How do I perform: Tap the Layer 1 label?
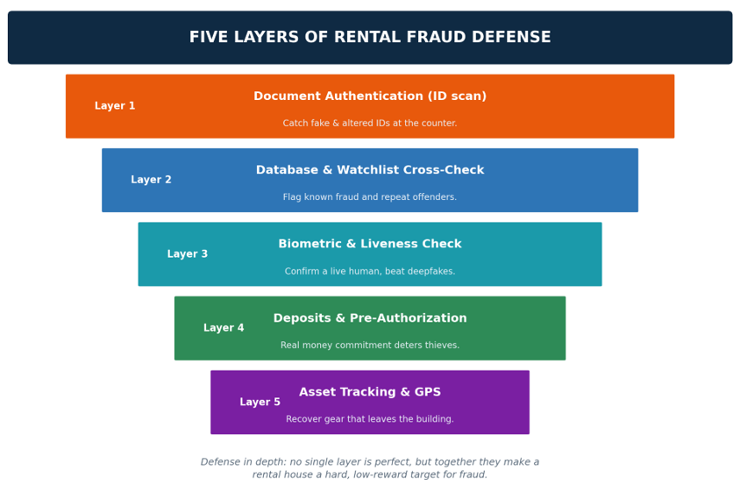click(115, 106)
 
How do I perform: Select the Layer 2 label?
click(151, 180)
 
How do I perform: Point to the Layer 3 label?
click(188, 254)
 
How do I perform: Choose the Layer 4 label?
click(224, 328)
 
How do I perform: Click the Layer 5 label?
click(260, 402)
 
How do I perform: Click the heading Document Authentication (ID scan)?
click(370, 96)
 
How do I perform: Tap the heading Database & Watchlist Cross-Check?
click(370, 170)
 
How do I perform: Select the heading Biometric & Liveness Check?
click(370, 244)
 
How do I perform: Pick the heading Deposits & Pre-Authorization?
click(370, 317)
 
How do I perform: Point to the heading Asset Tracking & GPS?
click(370, 392)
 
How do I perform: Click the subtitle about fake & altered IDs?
click(370, 124)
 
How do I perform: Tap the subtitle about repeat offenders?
click(370, 196)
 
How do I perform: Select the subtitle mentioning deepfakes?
click(370, 271)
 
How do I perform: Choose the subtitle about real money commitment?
click(370, 346)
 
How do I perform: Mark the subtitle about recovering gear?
click(370, 419)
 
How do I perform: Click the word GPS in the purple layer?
click(428, 392)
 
